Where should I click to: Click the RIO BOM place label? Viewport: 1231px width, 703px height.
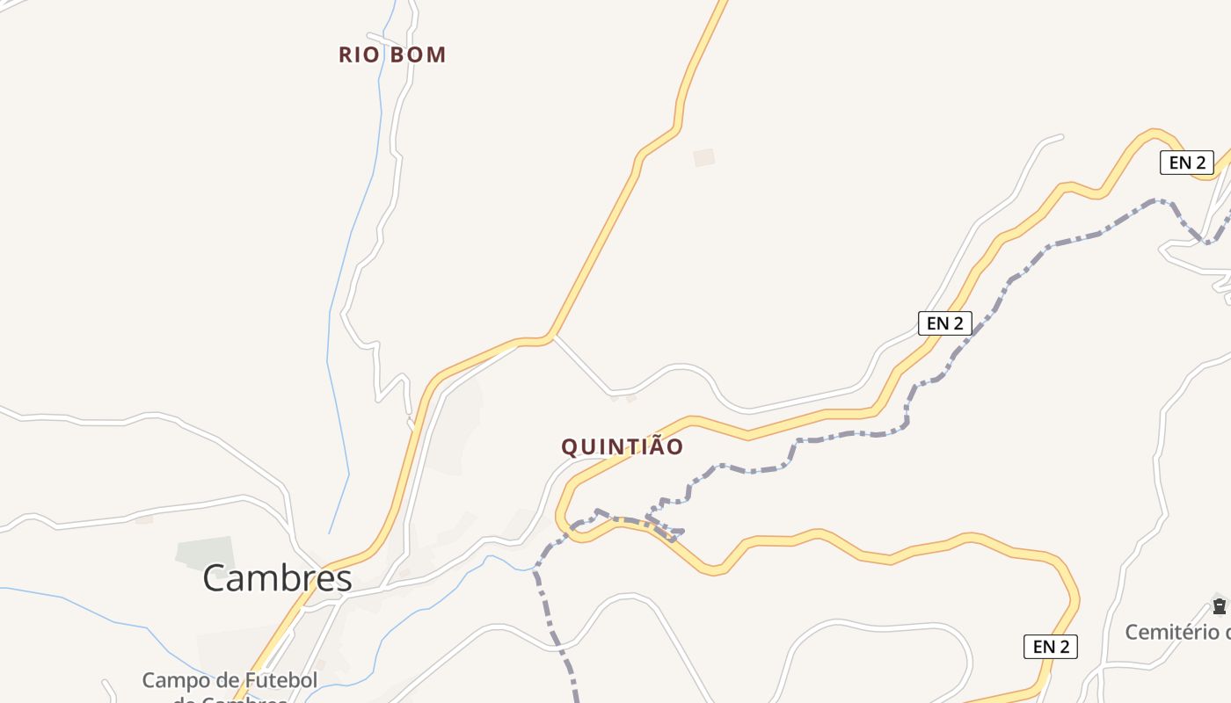(392, 54)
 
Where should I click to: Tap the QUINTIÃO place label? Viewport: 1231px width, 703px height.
(622, 446)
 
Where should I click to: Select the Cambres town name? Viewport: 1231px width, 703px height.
(278, 578)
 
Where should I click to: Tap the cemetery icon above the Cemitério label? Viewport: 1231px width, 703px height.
(1219, 605)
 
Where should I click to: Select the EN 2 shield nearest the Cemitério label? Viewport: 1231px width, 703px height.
(1050, 647)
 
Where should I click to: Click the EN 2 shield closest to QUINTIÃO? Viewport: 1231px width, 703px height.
(944, 323)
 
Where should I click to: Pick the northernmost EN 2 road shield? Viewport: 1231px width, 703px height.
(1186, 162)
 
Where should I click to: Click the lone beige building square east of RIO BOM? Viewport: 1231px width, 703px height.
(703, 157)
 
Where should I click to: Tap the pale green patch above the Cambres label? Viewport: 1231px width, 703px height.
(205, 552)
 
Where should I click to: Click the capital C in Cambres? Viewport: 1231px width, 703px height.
(215, 578)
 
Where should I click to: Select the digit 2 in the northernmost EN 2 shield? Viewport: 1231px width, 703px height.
(1199, 162)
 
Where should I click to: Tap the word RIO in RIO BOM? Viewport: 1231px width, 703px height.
(359, 54)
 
